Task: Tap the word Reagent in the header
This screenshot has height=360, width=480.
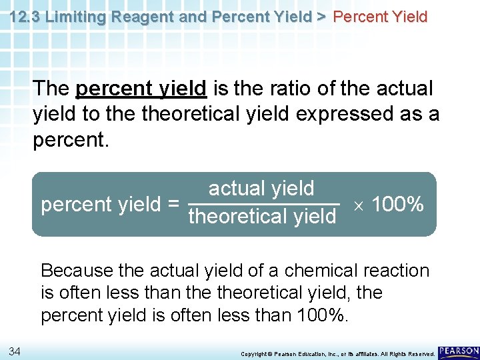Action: pyautogui.click(x=138, y=17)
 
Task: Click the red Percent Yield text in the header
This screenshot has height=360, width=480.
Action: pyautogui.click(x=380, y=17)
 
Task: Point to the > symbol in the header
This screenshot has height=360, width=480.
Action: pyautogui.click(x=321, y=17)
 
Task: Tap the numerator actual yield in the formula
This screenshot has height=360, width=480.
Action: pyautogui.click(x=261, y=189)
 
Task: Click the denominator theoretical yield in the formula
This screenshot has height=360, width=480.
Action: pyautogui.click(x=263, y=217)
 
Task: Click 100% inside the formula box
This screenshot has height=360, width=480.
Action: pyautogui.click(x=397, y=204)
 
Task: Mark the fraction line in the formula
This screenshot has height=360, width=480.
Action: pyautogui.click(x=264, y=203)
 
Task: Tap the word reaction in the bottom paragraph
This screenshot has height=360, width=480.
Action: pyautogui.click(x=397, y=271)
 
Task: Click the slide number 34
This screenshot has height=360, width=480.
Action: pyautogui.click(x=15, y=351)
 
